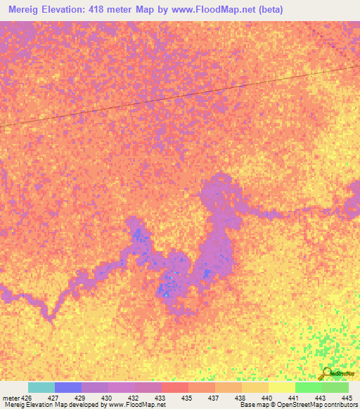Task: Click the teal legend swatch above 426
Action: [x=41, y=387]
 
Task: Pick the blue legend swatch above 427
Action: [x=67, y=387]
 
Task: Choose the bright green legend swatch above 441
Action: [x=308, y=387]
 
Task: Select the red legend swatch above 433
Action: [x=174, y=387]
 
